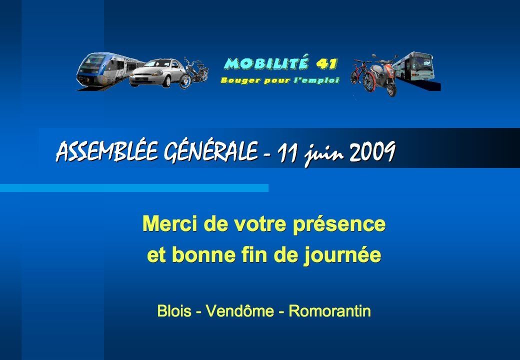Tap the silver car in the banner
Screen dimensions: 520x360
pos(157,73)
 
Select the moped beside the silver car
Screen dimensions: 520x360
pos(193,73)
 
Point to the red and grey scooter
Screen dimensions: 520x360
pos(384,75)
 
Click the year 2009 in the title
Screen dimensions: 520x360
pos(372,151)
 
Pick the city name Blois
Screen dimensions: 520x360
pos(174,311)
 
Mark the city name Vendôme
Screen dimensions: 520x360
pos(240,310)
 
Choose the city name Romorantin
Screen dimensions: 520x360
pos(329,311)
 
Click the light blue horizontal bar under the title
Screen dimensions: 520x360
pos(134,188)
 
